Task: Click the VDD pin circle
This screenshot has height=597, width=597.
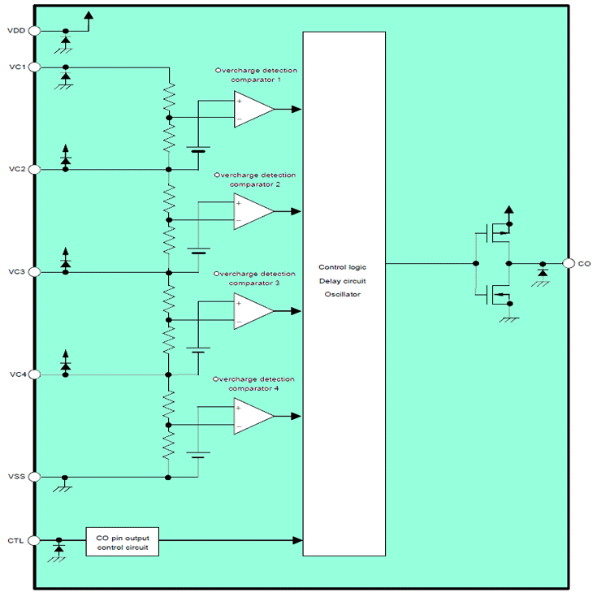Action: point(34,31)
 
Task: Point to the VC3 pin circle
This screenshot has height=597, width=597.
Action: point(34,271)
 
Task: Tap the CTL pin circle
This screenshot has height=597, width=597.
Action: point(34,540)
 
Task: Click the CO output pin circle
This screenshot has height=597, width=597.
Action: point(568,263)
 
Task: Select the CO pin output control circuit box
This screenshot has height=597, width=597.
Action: point(123,540)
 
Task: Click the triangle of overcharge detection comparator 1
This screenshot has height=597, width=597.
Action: point(252,110)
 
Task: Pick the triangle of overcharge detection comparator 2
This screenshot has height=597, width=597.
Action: point(252,211)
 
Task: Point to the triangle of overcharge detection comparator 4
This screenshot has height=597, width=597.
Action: point(252,416)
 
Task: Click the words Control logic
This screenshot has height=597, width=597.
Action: point(344,266)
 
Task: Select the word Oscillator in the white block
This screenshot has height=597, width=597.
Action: point(344,294)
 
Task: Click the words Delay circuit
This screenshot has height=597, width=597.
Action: point(344,280)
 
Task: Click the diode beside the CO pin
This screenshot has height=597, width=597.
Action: point(542,275)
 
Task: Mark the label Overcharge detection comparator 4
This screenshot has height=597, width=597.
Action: point(254,384)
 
